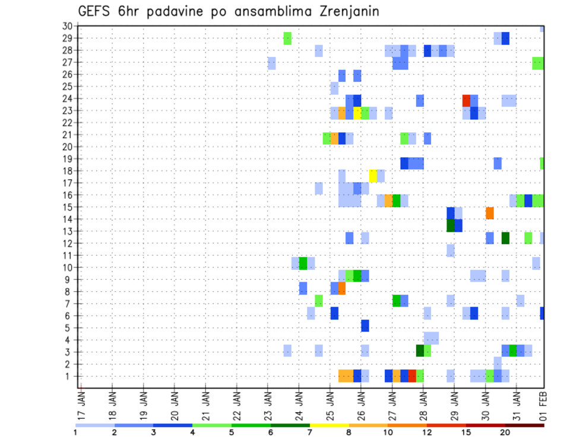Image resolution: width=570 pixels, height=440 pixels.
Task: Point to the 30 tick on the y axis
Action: tap(67, 26)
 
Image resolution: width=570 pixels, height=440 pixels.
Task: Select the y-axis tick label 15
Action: tap(67, 207)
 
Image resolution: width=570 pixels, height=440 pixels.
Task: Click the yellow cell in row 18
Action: tap(373, 176)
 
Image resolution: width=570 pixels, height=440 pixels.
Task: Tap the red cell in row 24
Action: tap(466, 100)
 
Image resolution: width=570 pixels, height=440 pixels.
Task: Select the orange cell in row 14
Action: tap(490, 213)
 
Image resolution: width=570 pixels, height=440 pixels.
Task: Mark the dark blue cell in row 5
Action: tap(365, 326)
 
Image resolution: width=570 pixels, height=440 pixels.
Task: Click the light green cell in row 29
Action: tap(287, 39)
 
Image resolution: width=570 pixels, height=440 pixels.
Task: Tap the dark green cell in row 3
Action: tap(420, 350)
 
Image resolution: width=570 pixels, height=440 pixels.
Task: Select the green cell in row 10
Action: tap(303, 263)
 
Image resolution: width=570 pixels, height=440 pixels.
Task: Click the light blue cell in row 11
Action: tap(451, 250)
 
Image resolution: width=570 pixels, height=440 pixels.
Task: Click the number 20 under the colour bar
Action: tap(505, 432)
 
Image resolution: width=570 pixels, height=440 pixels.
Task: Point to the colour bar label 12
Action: tap(427, 432)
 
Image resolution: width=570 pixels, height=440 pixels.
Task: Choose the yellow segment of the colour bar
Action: tap(329, 425)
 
